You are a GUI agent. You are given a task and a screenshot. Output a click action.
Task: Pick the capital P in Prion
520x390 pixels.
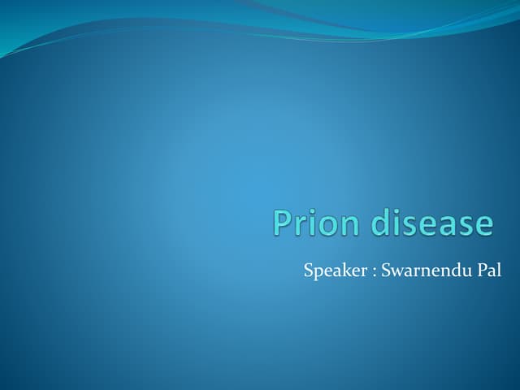(283, 223)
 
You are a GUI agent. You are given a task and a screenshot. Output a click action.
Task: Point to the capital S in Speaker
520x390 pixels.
(309, 270)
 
